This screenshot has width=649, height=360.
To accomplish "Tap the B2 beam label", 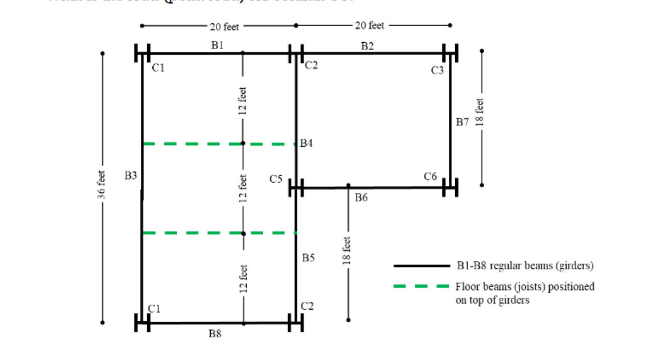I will pos(368,45).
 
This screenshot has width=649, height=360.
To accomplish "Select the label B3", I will pos(131,176).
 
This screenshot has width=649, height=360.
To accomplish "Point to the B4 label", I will pos(307,144).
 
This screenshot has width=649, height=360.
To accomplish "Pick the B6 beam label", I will pos(361,198).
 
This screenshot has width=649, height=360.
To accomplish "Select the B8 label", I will pos(215,334).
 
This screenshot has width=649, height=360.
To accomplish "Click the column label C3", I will pos(437,71).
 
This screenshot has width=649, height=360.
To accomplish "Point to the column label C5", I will pos(276,179).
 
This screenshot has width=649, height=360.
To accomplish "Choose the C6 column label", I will pos(430,176).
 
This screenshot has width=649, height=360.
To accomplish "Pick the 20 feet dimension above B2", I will pos(369,26).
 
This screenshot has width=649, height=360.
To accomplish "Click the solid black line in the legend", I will pos(421,266).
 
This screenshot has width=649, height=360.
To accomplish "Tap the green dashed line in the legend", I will pos(421,286).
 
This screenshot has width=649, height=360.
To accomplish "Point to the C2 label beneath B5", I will pos(307,307).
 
